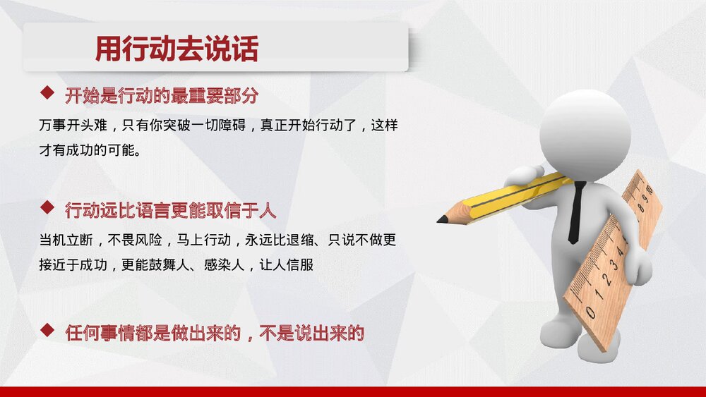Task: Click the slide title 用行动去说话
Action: point(176,49)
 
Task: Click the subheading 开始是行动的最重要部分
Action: point(161,95)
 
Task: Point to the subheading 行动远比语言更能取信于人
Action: point(170,210)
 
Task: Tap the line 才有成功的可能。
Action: point(90,150)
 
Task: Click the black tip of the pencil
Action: point(441,220)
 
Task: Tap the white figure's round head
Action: point(584,134)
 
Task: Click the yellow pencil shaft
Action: point(515,193)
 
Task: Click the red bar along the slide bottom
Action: point(353,391)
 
